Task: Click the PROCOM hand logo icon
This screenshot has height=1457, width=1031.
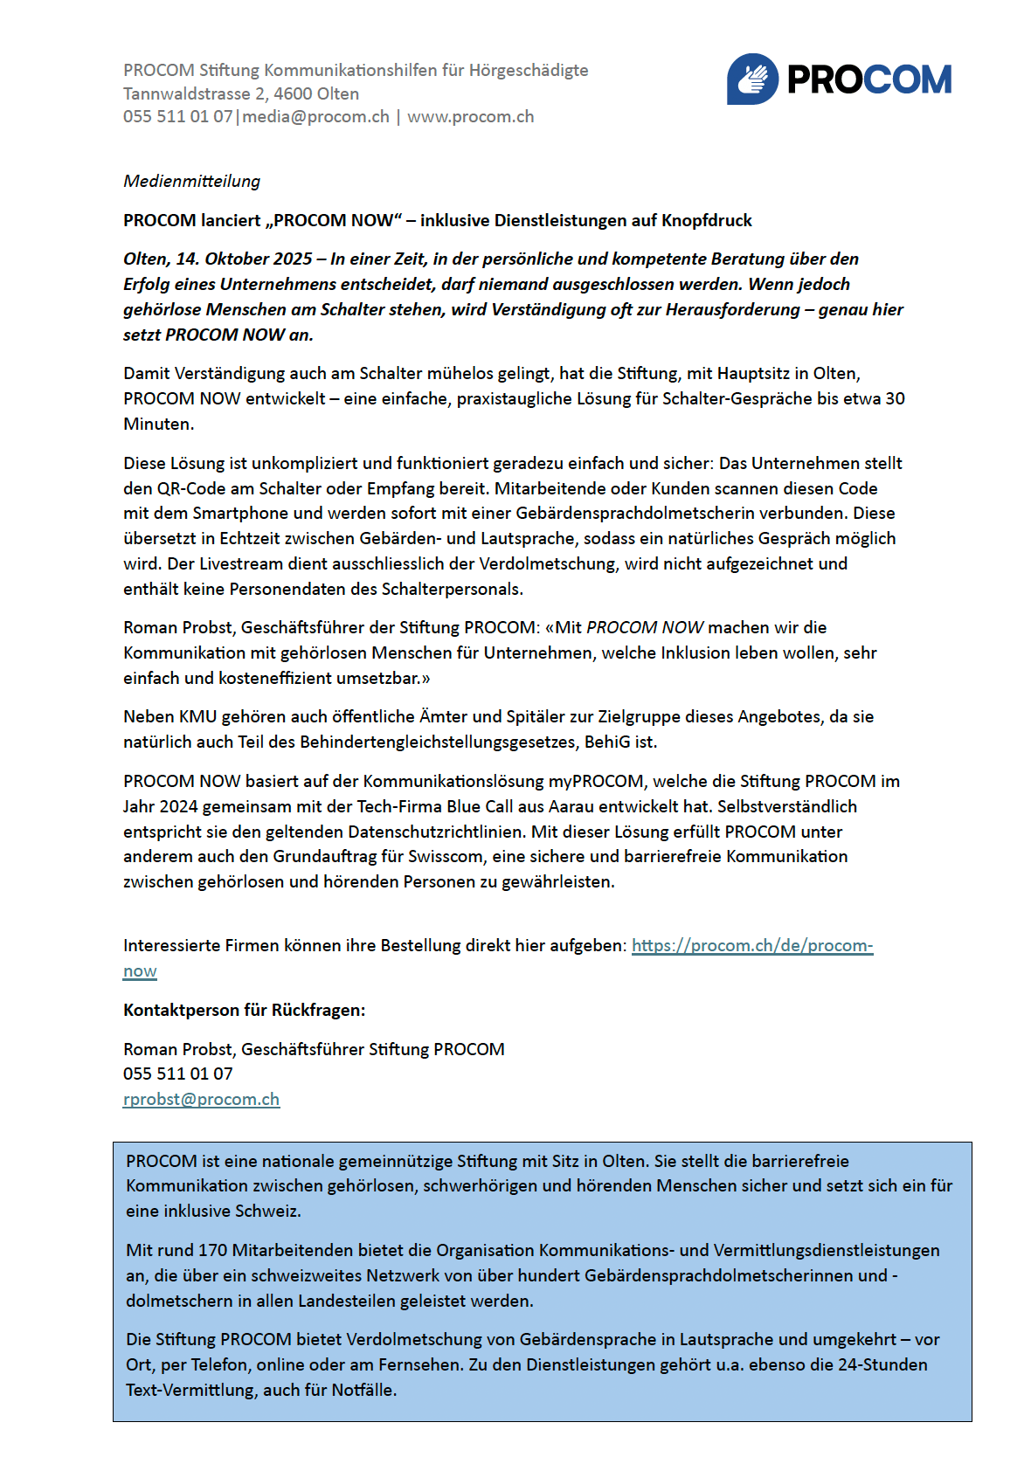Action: (x=752, y=79)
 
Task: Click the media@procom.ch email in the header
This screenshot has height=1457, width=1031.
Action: (x=316, y=117)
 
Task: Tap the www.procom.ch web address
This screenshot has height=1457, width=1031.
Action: (x=470, y=117)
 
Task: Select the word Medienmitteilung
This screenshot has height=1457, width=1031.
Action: (x=192, y=182)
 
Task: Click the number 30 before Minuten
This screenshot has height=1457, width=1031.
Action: (x=895, y=399)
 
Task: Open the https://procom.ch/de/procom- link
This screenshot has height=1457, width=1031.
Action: (x=751, y=946)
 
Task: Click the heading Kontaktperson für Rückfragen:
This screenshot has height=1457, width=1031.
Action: (x=245, y=1011)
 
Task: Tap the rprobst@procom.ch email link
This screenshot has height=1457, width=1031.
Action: (x=201, y=1100)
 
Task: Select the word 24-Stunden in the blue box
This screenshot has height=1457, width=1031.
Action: (x=882, y=1365)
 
